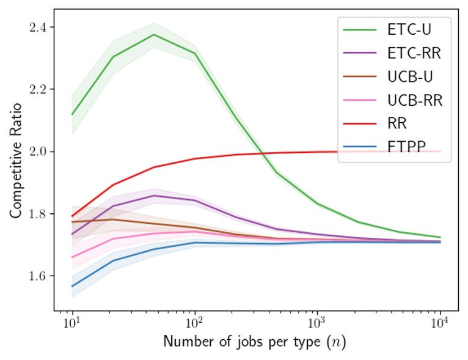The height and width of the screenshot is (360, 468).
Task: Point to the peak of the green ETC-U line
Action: click(154, 34)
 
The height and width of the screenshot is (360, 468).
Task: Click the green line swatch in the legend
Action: click(360, 29)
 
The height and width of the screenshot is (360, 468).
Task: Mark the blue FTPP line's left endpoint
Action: click(72, 286)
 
